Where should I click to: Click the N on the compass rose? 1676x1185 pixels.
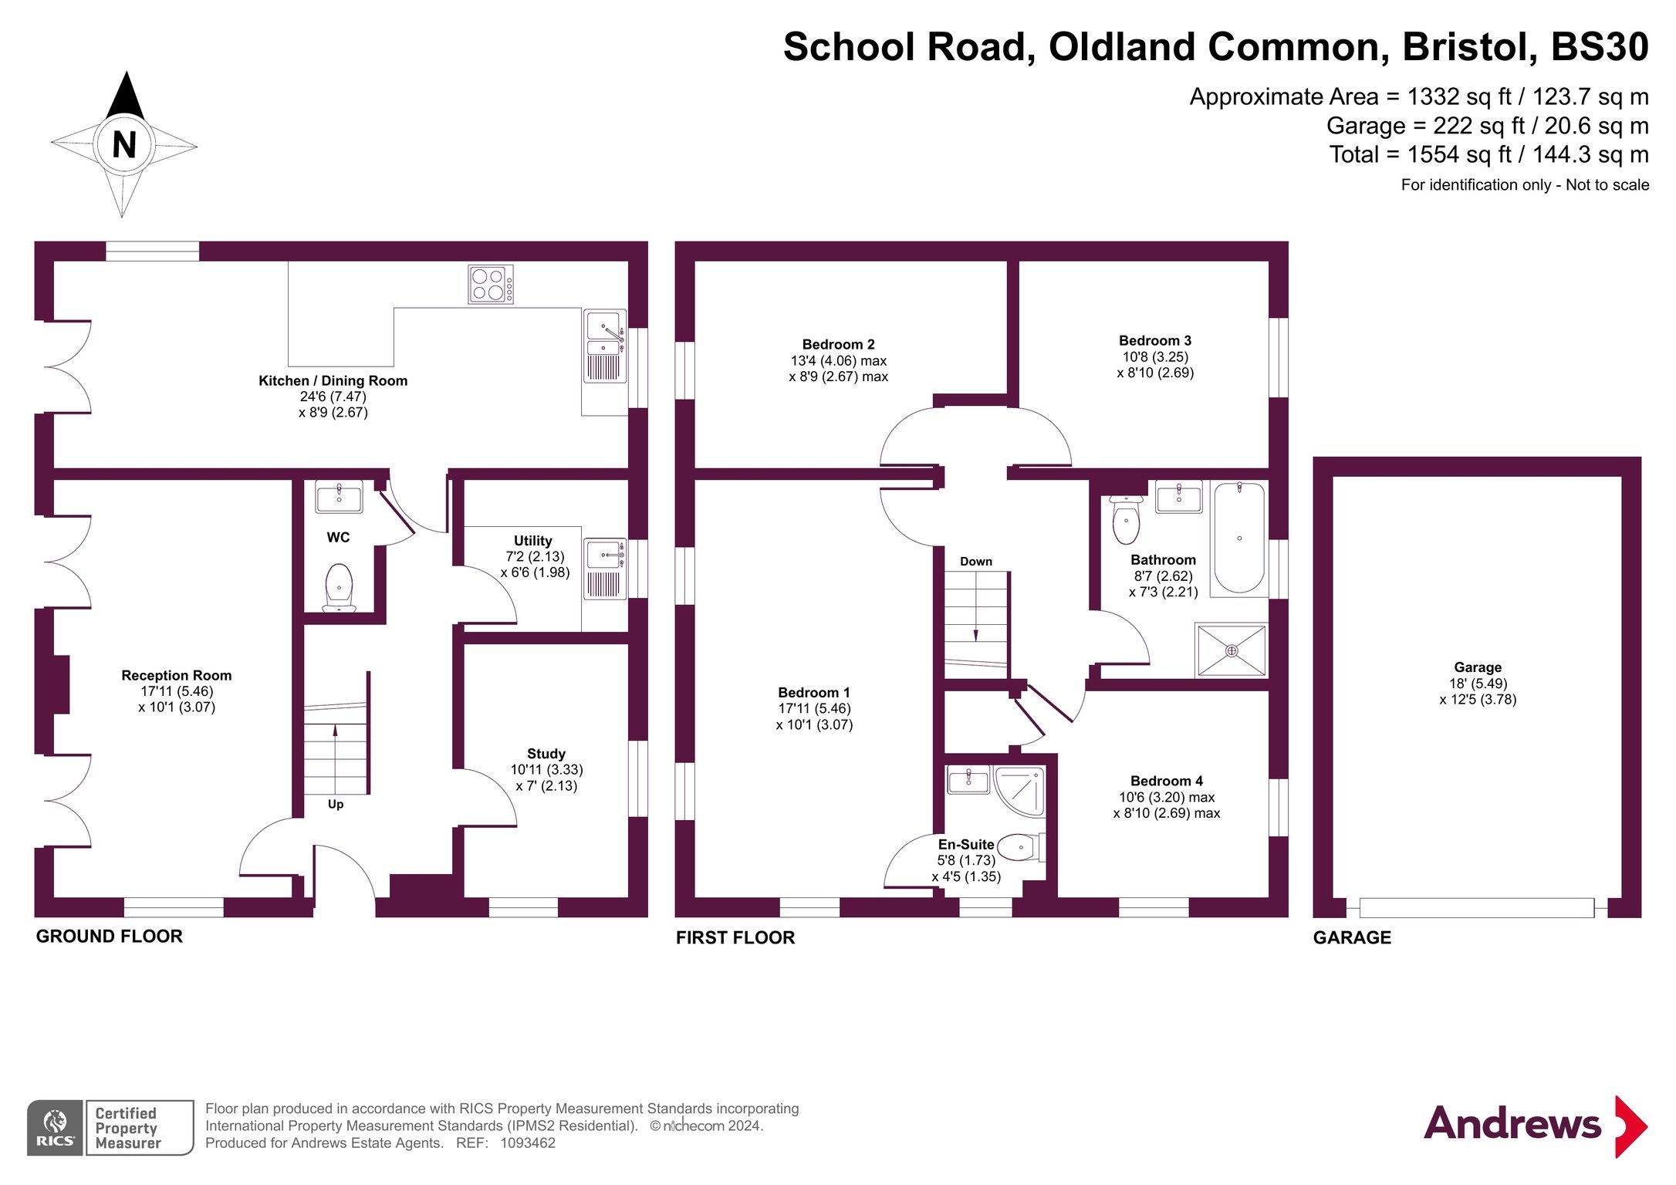point(124,144)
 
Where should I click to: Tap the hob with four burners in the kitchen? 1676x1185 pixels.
point(490,285)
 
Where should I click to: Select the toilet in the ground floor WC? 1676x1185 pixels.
point(339,586)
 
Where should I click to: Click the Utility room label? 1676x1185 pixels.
point(532,540)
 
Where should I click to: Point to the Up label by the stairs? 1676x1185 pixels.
point(335,804)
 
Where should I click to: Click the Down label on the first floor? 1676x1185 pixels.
point(975,562)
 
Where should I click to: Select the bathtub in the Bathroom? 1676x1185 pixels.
point(1238,538)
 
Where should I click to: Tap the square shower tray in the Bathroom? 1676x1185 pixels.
point(1231,650)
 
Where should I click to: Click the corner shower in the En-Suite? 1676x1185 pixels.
point(1020,790)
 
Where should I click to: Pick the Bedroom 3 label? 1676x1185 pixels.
point(1154,340)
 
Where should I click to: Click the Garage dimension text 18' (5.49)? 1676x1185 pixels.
point(1477,683)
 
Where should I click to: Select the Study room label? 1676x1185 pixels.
point(546,753)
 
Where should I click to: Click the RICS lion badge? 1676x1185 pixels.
point(55,1127)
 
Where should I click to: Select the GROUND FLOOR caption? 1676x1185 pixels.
point(109,936)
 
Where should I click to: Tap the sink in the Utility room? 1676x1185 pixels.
point(604,555)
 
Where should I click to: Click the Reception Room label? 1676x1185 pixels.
point(176,675)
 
